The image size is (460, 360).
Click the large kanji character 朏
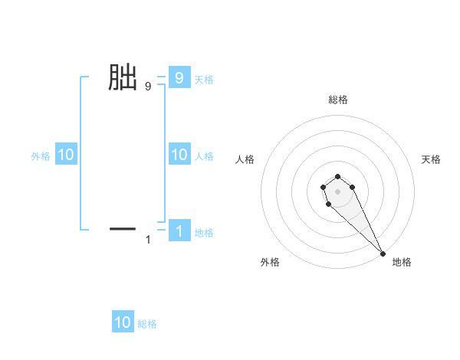click(122, 77)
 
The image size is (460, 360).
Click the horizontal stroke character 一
click(123, 228)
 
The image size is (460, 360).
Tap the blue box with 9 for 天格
click(179, 77)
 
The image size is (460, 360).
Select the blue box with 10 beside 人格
click(179, 155)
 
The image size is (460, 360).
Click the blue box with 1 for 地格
click(179, 231)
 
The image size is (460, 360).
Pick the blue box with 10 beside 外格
click(66, 155)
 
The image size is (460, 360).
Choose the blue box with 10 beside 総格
click(123, 322)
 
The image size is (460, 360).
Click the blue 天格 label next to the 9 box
click(204, 78)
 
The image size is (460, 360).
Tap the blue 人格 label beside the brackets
click(204, 155)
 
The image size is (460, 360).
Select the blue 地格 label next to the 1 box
click(204, 232)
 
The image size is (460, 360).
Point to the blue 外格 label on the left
click(41, 155)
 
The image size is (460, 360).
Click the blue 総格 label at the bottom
click(147, 323)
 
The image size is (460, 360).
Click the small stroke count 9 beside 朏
click(147, 87)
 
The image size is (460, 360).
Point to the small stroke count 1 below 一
click(148, 240)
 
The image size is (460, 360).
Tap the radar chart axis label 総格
click(338, 100)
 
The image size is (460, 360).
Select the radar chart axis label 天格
click(431, 159)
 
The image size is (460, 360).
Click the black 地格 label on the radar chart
click(402, 262)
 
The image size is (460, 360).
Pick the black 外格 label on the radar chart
click(270, 262)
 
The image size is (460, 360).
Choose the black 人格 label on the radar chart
click(245, 159)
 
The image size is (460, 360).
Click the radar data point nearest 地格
click(383, 253)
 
